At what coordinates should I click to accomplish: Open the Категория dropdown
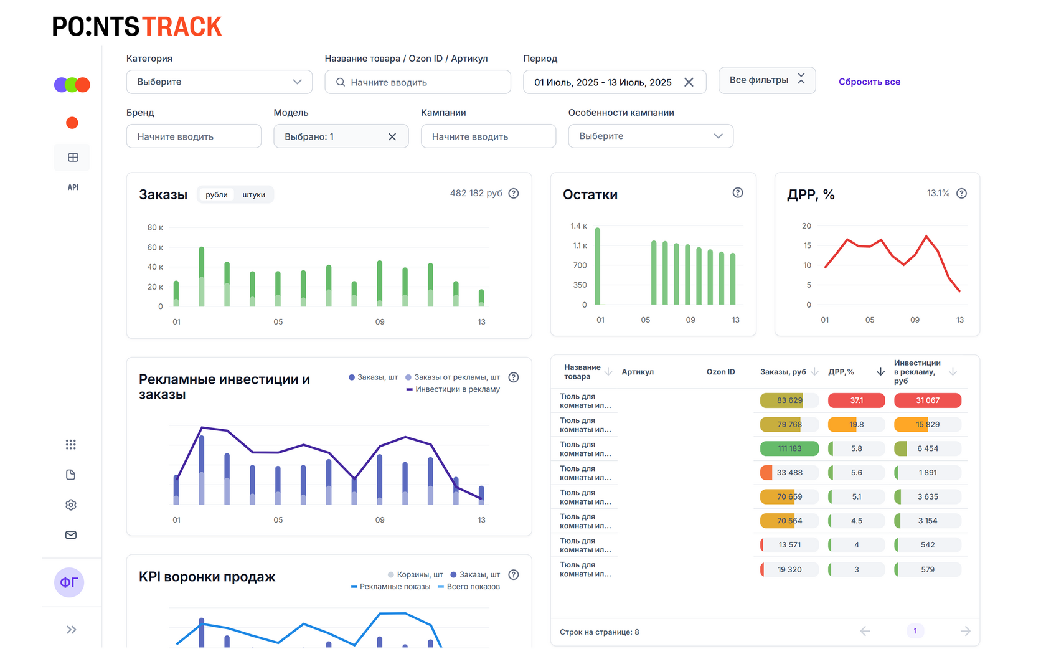click(219, 82)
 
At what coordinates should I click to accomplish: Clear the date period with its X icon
click(689, 82)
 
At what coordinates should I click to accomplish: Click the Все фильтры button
click(766, 80)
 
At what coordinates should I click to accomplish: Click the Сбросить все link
click(869, 82)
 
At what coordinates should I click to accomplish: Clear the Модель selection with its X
click(392, 136)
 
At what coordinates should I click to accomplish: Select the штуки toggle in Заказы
click(253, 195)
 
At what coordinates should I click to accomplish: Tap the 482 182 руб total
click(476, 193)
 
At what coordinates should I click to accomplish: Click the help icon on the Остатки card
click(738, 193)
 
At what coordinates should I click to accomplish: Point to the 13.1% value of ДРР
click(938, 193)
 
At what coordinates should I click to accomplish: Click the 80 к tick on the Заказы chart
click(155, 227)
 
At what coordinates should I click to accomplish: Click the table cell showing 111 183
click(789, 448)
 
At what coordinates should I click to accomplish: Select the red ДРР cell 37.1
click(856, 400)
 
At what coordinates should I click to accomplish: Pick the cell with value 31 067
click(927, 400)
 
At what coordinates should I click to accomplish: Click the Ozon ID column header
click(720, 372)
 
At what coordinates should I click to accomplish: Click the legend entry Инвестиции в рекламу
click(457, 389)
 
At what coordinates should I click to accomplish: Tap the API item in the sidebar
click(73, 187)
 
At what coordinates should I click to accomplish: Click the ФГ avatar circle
click(69, 582)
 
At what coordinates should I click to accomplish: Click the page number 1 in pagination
click(915, 631)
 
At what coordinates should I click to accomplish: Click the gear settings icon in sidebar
click(71, 505)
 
